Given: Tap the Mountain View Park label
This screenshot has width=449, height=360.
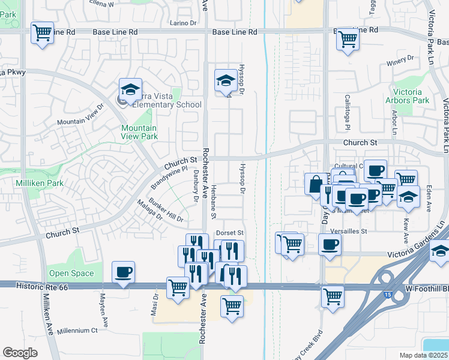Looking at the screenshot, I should coord(139,132).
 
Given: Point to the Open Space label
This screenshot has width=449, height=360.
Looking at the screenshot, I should coord(71,274).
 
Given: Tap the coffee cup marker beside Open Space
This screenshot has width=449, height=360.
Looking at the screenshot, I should coord(124,273).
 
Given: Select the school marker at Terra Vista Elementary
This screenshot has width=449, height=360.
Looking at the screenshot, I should coord(130,90).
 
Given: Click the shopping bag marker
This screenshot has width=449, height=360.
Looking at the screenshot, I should coord(316,184).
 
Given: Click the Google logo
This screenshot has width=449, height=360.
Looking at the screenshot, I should coord(20,353).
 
